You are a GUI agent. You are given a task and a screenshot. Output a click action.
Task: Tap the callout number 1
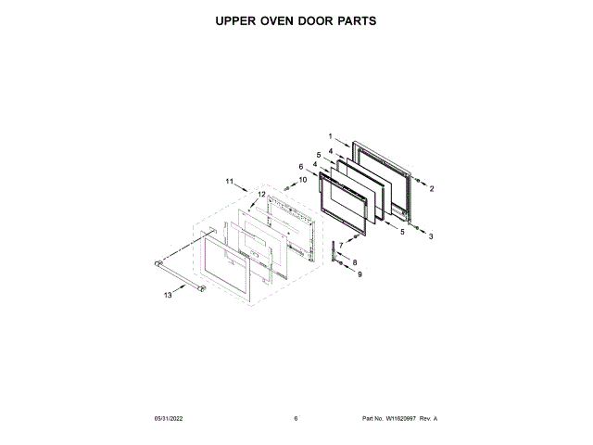pyautogui.click(x=331, y=136)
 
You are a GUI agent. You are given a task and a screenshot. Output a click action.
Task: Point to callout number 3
pyautogui.click(x=430, y=236)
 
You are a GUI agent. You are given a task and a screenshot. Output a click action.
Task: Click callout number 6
pyautogui.click(x=300, y=167)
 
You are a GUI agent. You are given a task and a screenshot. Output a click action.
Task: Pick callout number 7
pyautogui.click(x=340, y=245)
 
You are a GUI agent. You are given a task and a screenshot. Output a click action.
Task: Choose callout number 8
pyautogui.click(x=353, y=263)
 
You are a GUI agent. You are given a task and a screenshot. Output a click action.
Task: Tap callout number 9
pyautogui.click(x=360, y=274)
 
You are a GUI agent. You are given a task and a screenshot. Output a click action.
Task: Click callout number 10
pyautogui.click(x=302, y=180)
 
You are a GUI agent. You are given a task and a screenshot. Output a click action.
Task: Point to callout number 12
pyautogui.click(x=260, y=194)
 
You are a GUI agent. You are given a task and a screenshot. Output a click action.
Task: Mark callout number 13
pyautogui.click(x=168, y=295)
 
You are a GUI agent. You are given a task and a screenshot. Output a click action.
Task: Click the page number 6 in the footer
pyautogui.click(x=296, y=418)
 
